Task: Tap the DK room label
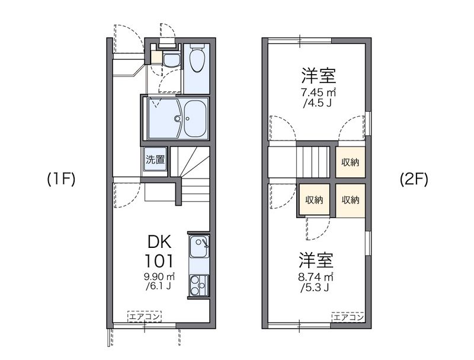[159, 242]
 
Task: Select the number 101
[159, 260]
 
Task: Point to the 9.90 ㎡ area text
[159, 277]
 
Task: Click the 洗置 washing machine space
[155, 159]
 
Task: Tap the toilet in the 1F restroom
[197, 60]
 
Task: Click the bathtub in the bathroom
[195, 118]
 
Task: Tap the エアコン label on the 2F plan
[348, 317]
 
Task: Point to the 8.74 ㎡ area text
[319, 277]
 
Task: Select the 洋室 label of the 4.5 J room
[319, 75]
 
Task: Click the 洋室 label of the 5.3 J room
[315, 260]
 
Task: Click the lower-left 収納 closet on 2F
[314, 200]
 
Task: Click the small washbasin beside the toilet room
[171, 59]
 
